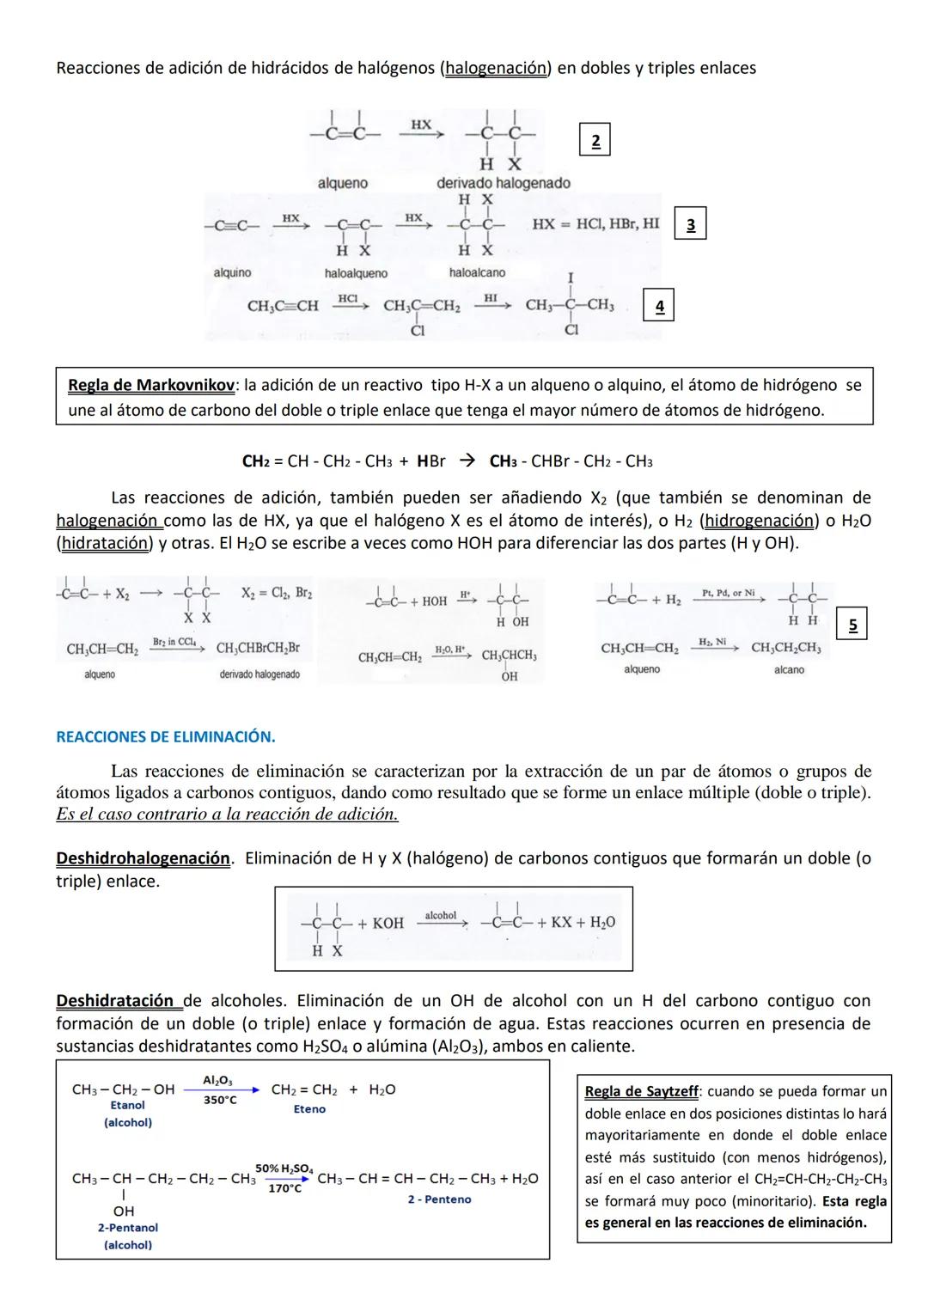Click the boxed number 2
tap(595, 140)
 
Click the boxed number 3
tap(691, 224)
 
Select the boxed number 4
tap(659, 306)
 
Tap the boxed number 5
tap(852, 625)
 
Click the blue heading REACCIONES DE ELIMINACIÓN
tap(166, 736)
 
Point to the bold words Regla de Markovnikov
tap(151, 386)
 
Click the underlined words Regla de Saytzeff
tap(641, 1091)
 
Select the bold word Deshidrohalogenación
tap(143, 858)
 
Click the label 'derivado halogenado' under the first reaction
tap(503, 183)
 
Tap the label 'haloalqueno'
tap(356, 273)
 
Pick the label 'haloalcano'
tap(477, 272)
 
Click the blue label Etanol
tap(128, 1106)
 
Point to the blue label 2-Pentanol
tap(128, 1228)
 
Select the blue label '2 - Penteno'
tap(439, 1199)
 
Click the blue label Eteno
tap(309, 1109)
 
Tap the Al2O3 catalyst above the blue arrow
tap(217, 1080)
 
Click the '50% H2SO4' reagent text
tap(284, 1169)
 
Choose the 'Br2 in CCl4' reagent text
tap(174, 642)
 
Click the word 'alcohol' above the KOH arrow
tap(441, 916)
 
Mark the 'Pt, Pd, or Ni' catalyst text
tap(728, 594)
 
